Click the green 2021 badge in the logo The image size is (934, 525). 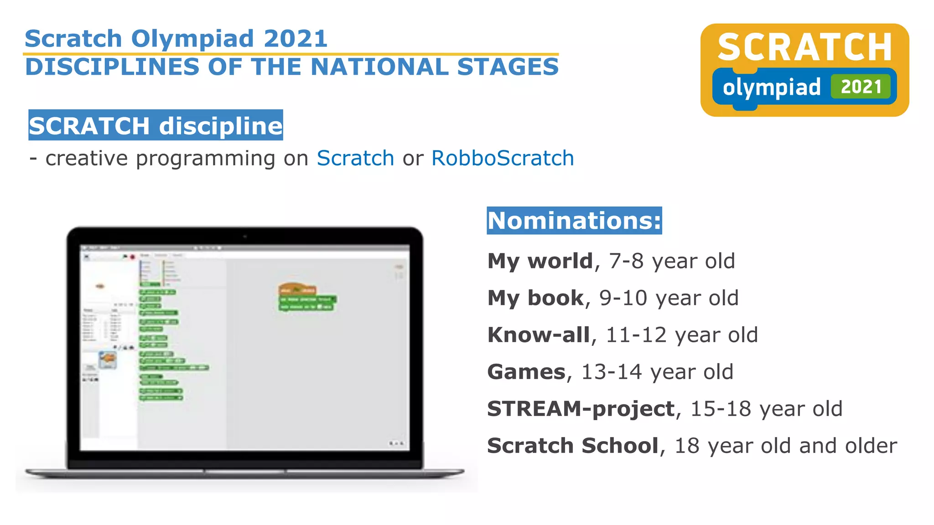(x=860, y=87)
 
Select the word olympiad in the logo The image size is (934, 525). (x=772, y=87)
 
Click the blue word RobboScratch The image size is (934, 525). (x=502, y=158)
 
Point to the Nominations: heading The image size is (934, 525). (x=574, y=221)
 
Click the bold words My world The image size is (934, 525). (x=540, y=261)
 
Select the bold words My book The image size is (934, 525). (x=535, y=298)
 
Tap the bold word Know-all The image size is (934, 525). (x=539, y=335)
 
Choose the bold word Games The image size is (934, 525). (x=526, y=372)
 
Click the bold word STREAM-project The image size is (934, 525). (x=581, y=409)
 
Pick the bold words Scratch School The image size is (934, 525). (x=573, y=446)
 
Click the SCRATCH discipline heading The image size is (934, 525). (x=156, y=125)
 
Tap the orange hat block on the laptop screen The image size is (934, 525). (x=296, y=289)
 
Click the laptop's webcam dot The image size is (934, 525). (x=245, y=237)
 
